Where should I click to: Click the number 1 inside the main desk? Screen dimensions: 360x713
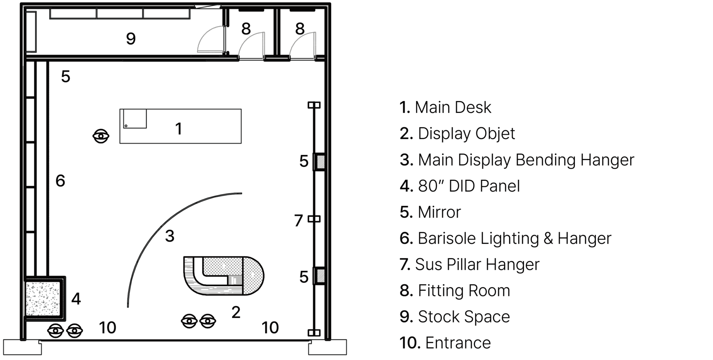click(179, 129)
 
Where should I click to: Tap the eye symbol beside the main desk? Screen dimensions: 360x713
click(101, 136)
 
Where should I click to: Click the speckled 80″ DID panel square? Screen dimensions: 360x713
click(43, 298)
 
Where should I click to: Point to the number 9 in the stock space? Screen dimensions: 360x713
click(131, 39)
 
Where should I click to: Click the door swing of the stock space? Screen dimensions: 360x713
click(210, 39)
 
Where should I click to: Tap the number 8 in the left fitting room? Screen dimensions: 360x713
click(246, 29)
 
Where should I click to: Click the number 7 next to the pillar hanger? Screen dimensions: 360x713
click(299, 221)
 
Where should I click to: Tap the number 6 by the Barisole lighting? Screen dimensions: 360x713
click(60, 181)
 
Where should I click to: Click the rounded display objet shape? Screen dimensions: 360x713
click(224, 276)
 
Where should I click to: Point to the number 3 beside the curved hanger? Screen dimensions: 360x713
click(170, 236)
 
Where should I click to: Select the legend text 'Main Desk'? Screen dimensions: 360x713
click(453, 107)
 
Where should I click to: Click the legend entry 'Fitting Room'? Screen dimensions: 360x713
click(464, 291)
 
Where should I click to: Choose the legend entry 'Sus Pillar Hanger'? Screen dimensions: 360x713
click(477, 265)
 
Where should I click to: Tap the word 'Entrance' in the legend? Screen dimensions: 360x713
click(458, 343)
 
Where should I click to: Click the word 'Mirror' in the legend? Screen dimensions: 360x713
click(439, 212)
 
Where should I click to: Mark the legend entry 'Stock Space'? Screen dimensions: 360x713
click(464, 317)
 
